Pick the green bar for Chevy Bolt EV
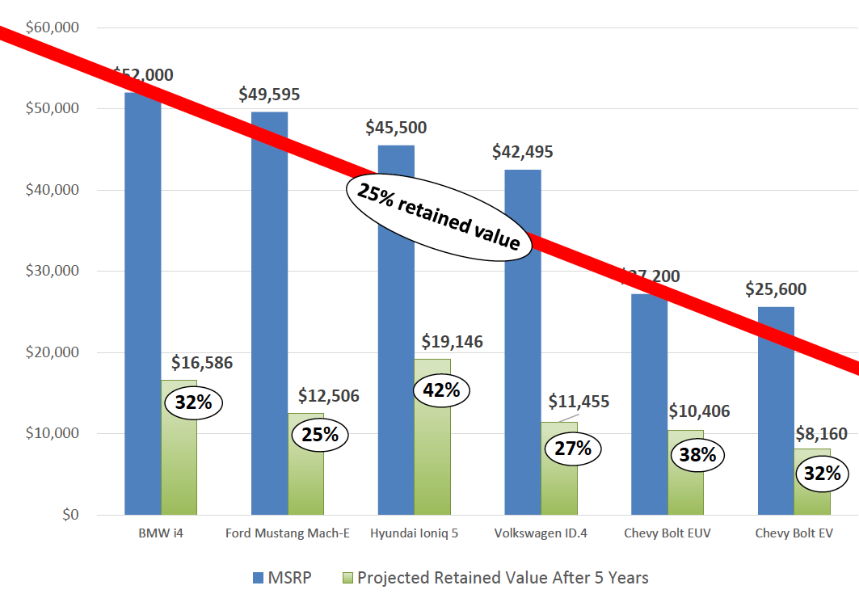coord(812,497)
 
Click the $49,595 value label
coord(269,95)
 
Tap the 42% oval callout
coord(441,390)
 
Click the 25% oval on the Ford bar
coord(319,435)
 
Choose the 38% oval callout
coord(697,455)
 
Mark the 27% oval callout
coord(573,448)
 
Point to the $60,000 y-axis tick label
coord(52,27)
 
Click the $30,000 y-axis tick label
coord(52,272)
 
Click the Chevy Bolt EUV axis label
coord(667,534)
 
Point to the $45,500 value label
coord(396,128)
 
